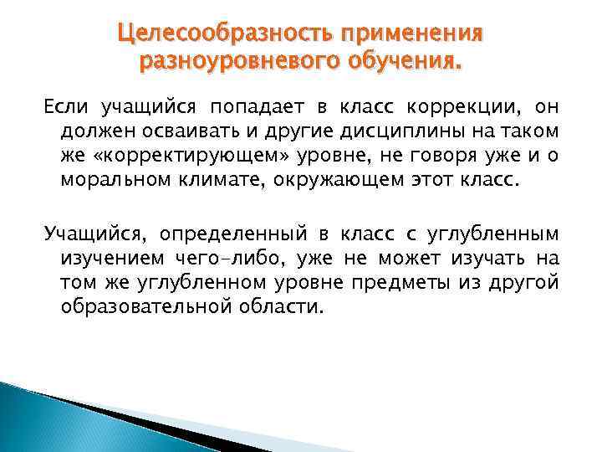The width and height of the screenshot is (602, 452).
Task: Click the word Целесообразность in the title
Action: coord(223,34)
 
